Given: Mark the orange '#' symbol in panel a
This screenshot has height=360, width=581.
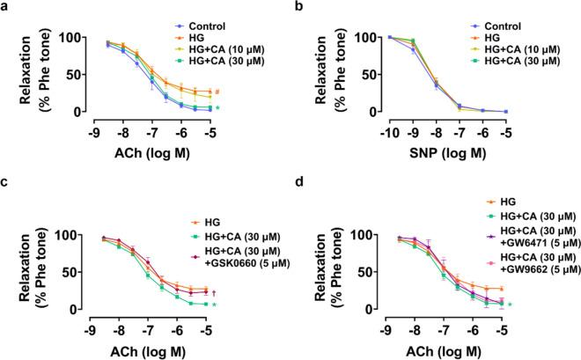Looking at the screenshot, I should coord(217,92).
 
